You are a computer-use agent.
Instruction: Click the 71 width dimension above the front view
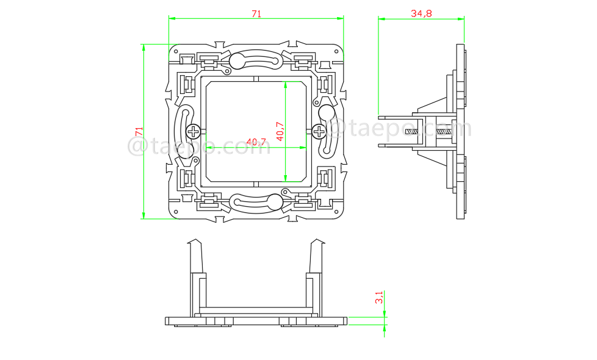tap(256, 13)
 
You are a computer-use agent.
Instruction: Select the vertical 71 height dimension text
tap(139, 131)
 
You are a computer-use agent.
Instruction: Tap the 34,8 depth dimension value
tap(421, 13)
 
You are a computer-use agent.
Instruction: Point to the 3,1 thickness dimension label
tap(379, 297)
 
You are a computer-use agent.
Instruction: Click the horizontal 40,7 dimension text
tap(256, 142)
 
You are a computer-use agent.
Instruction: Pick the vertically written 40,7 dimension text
tap(280, 131)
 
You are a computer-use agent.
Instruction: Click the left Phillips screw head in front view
tap(194, 131)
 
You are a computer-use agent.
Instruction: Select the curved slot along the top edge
tap(256, 60)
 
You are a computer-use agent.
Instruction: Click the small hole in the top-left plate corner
tap(176, 52)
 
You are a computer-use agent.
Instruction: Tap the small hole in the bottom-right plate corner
tap(336, 211)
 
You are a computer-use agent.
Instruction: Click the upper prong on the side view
tap(397, 117)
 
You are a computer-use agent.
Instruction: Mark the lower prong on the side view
tap(397, 145)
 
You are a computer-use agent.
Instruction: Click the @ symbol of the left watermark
tap(137, 146)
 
